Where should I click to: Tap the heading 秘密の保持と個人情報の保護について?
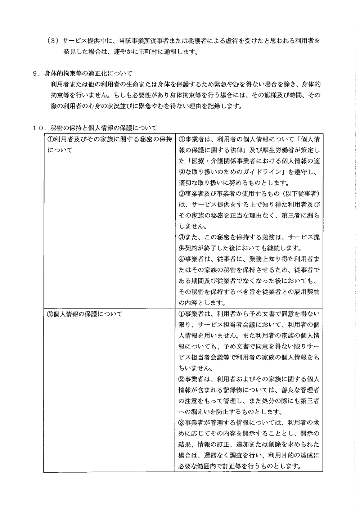104,128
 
